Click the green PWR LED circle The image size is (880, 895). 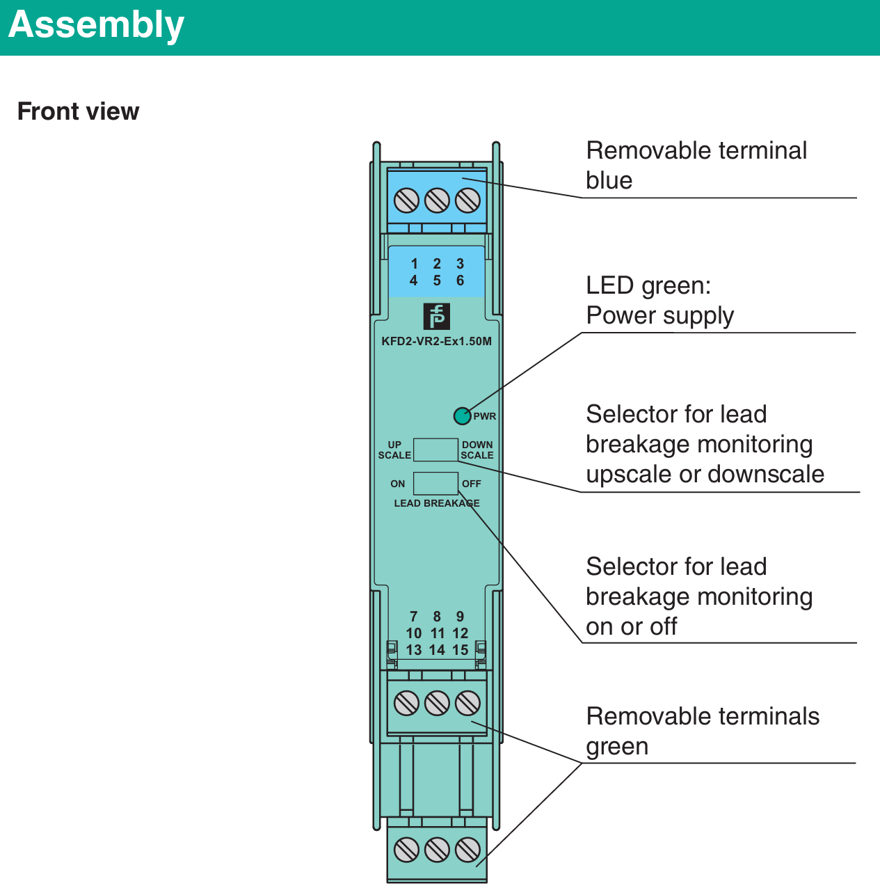click(x=462, y=416)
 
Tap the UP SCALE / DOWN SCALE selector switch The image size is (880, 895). click(x=435, y=450)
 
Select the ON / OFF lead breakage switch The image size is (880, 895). click(x=435, y=483)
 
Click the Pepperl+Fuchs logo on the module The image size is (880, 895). click(x=437, y=317)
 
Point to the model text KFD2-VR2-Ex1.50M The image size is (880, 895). click(x=436, y=341)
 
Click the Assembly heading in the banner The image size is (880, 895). click(x=96, y=25)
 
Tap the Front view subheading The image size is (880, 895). click(x=78, y=111)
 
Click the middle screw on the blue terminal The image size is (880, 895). click(x=437, y=201)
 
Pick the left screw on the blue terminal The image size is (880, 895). click(x=406, y=201)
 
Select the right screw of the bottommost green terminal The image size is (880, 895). click(x=467, y=850)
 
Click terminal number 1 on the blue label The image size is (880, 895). click(x=415, y=264)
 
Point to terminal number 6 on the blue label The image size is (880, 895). click(x=460, y=280)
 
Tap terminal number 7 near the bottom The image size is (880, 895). click(x=414, y=617)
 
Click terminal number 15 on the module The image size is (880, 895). click(x=460, y=650)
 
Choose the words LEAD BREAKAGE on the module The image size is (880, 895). click(x=437, y=503)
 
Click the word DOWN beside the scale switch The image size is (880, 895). click(x=477, y=445)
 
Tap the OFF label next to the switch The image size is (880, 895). click(x=472, y=484)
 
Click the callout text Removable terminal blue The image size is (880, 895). click(x=696, y=165)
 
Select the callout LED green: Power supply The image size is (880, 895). click(x=659, y=300)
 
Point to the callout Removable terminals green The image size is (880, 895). click(x=703, y=731)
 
